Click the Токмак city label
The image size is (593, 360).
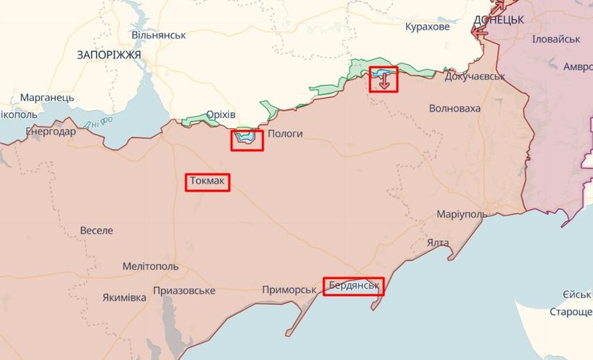click(208, 183)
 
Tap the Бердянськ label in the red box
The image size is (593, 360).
click(353, 286)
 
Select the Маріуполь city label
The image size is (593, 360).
click(462, 216)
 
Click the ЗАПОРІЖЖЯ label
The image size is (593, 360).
click(109, 55)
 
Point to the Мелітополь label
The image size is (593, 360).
click(151, 266)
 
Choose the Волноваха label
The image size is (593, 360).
click(455, 108)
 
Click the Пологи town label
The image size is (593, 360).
click(284, 135)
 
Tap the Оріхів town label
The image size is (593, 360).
click(220, 115)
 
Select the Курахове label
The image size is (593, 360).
click(427, 27)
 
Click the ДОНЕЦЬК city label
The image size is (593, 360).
click(498, 19)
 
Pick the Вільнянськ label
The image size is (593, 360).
click(159, 36)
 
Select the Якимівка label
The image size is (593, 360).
click(124, 297)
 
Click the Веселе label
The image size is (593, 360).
click(96, 230)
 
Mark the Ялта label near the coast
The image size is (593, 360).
click(438, 243)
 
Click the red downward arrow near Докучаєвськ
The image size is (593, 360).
click(385, 80)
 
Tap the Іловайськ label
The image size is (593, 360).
click(555, 39)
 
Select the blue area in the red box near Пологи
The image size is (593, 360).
click(246, 139)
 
